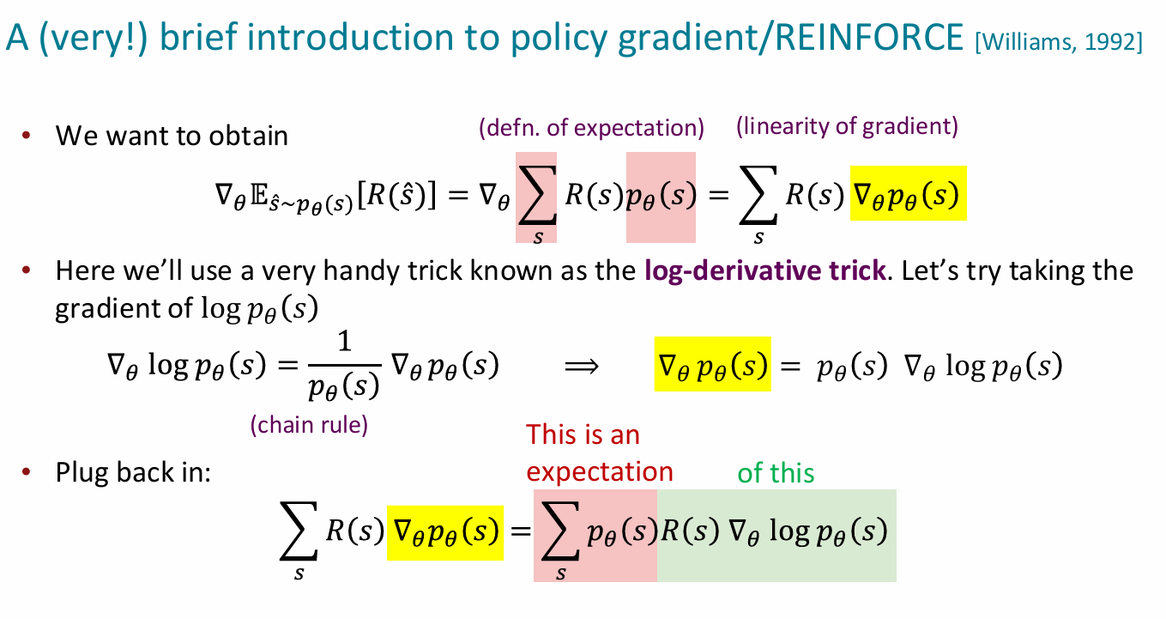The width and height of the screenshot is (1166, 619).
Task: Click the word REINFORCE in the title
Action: tap(869, 37)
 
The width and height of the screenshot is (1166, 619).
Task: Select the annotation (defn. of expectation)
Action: tap(591, 128)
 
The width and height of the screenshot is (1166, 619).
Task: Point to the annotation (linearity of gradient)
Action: tap(847, 126)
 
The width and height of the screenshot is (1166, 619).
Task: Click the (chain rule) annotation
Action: tap(309, 425)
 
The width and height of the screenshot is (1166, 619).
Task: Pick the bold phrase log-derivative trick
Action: tap(765, 271)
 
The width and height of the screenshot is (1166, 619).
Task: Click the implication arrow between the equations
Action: tap(582, 367)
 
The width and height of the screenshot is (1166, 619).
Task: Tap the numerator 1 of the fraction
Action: tap(345, 342)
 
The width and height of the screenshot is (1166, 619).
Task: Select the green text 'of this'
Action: tap(776, 473)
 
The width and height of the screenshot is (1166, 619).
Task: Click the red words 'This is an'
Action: tap(583, 434)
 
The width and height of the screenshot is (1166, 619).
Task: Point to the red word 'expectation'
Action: tap(600, 472)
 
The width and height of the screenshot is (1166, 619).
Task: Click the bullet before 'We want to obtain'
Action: tap(26, 136)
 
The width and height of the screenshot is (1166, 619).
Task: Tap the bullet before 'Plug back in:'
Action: tap(26, 471)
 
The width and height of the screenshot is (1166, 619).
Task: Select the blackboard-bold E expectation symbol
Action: tap(259, 195)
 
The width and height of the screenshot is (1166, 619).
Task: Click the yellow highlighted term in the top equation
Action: tap(909, 193)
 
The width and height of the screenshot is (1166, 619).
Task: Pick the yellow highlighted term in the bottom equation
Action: tap(445, 533)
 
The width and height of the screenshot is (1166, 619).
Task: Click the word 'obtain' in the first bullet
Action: tap(248, 136)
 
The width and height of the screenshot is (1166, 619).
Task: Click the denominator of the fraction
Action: tap(343, 386)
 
